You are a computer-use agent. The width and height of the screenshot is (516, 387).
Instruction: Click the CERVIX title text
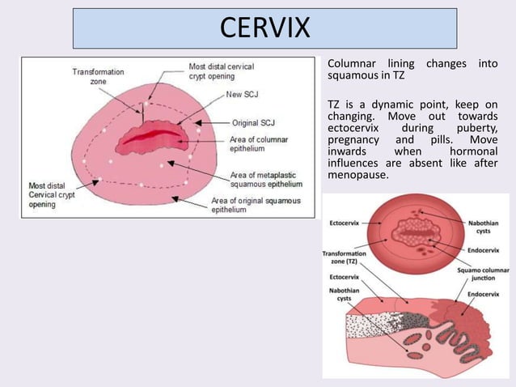pos(264,28)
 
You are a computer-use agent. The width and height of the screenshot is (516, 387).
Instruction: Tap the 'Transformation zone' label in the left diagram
pos(98,76)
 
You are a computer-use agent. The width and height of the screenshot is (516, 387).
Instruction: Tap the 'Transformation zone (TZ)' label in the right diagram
pos(344,257)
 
